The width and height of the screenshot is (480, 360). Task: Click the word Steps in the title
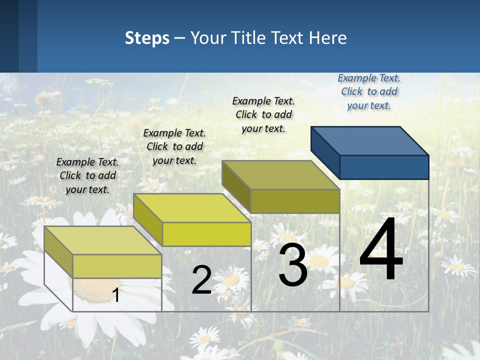click(147, 38)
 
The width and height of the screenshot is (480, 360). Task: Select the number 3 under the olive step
click(292, 265)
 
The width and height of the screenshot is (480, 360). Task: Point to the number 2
click(201, 280)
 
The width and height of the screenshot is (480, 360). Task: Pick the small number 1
click(115, 295)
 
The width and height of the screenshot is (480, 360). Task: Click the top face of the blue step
click(370, 140)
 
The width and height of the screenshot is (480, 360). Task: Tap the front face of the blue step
click(384, 167)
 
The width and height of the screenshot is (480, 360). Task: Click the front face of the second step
click(206, 234)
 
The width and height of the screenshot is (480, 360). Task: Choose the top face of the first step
click(102, 240)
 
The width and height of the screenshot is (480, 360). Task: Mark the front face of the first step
click(117, 266)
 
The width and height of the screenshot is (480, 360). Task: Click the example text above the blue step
click(369, 91)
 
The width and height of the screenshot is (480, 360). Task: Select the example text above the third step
click(263, 114)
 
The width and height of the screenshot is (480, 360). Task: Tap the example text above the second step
click(174, 146)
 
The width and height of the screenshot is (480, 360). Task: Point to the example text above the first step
click(87, 175)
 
